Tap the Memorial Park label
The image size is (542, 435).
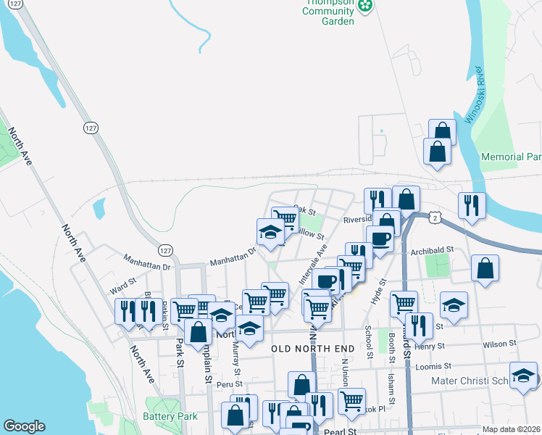(x=512, y=157)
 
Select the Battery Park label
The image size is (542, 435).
(x=170, y=417)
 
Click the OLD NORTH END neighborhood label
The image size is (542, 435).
(x=312, y=349)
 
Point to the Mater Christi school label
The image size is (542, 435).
(x=474, y=379)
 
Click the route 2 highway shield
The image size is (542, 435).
(x=433, y=217)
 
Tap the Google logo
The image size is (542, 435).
(x=24, y=426)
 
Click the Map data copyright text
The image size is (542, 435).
(x=511, y=429)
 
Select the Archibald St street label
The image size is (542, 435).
(x=431, y=250)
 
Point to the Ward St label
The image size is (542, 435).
(x=122, y=282)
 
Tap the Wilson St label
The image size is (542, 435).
(x=499, y=343)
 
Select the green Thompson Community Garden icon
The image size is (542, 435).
(x=367, y=7)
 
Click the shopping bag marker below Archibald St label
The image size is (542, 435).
(x=485, y=268)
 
